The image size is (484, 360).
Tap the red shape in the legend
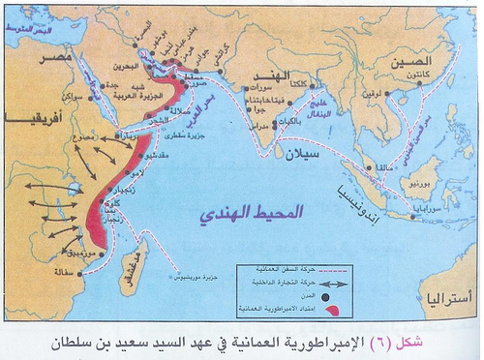click(x=332, y=309)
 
